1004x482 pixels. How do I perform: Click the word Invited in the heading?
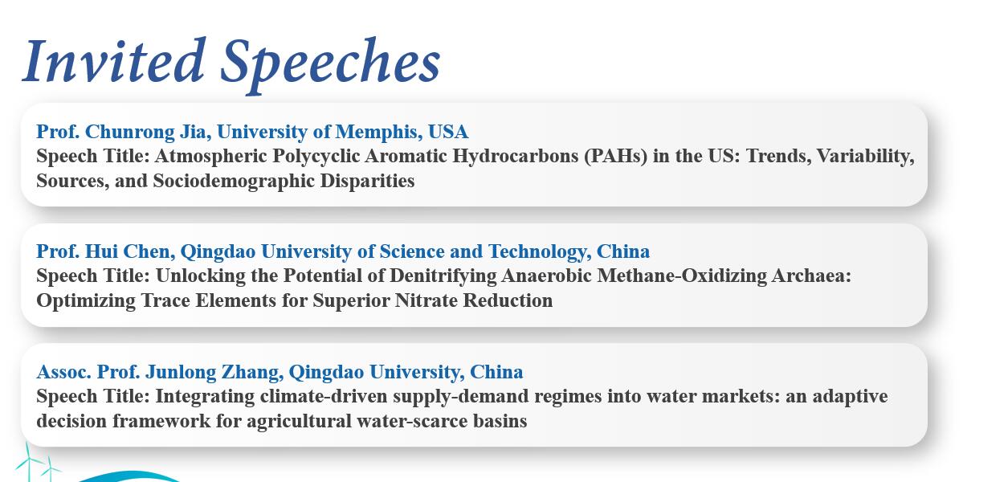point(114,61)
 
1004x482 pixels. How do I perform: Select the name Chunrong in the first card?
point(129,132)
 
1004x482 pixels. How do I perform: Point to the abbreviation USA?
point(447,132)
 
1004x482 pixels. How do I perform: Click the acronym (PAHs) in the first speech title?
point(615,156)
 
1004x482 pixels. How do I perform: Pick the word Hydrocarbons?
point(516,156)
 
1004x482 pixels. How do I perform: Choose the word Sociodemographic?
point(234,181)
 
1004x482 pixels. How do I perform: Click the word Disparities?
point(367,181)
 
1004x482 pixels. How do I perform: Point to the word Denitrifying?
point(443,276)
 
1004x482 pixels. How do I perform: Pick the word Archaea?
point(810,276)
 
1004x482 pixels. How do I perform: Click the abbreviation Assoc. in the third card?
point(63,372)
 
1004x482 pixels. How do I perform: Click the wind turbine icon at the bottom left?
point(37,462)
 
